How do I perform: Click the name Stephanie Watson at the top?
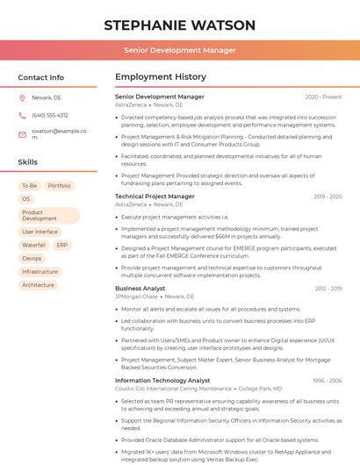[179, 25]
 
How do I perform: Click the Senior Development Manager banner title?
[179, 51]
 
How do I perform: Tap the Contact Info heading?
[41, 77]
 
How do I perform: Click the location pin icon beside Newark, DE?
[22, 98]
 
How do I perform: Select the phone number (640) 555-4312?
[50, 115]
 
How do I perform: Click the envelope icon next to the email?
[22, 133]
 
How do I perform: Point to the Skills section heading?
[28, 162]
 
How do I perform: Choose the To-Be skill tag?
[29, 186]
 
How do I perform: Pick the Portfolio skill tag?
[60, 186]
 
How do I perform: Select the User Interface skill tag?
[40, 232]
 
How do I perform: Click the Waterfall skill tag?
[33, 245]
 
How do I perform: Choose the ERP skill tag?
[62, 245]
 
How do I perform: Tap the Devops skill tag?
[32, 258]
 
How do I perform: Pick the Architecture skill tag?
[38, 284]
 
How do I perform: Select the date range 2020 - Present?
[323, 97]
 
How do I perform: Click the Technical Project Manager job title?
[155, 197]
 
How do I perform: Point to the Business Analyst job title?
[140, 288]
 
